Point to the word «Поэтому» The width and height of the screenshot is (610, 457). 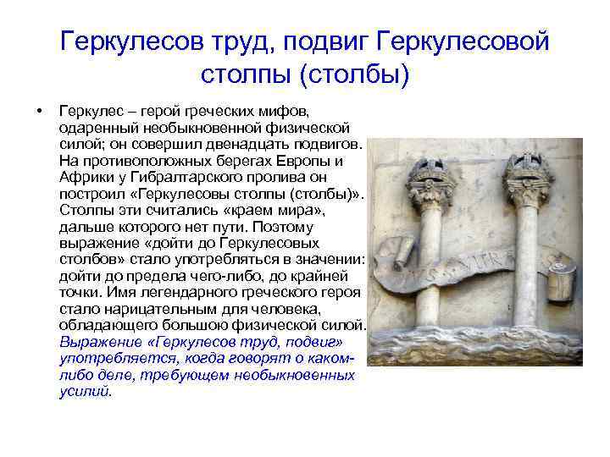click(286, 228)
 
